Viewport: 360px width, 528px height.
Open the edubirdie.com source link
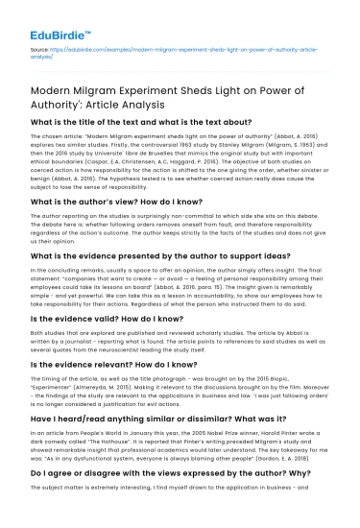coord(192,45)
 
